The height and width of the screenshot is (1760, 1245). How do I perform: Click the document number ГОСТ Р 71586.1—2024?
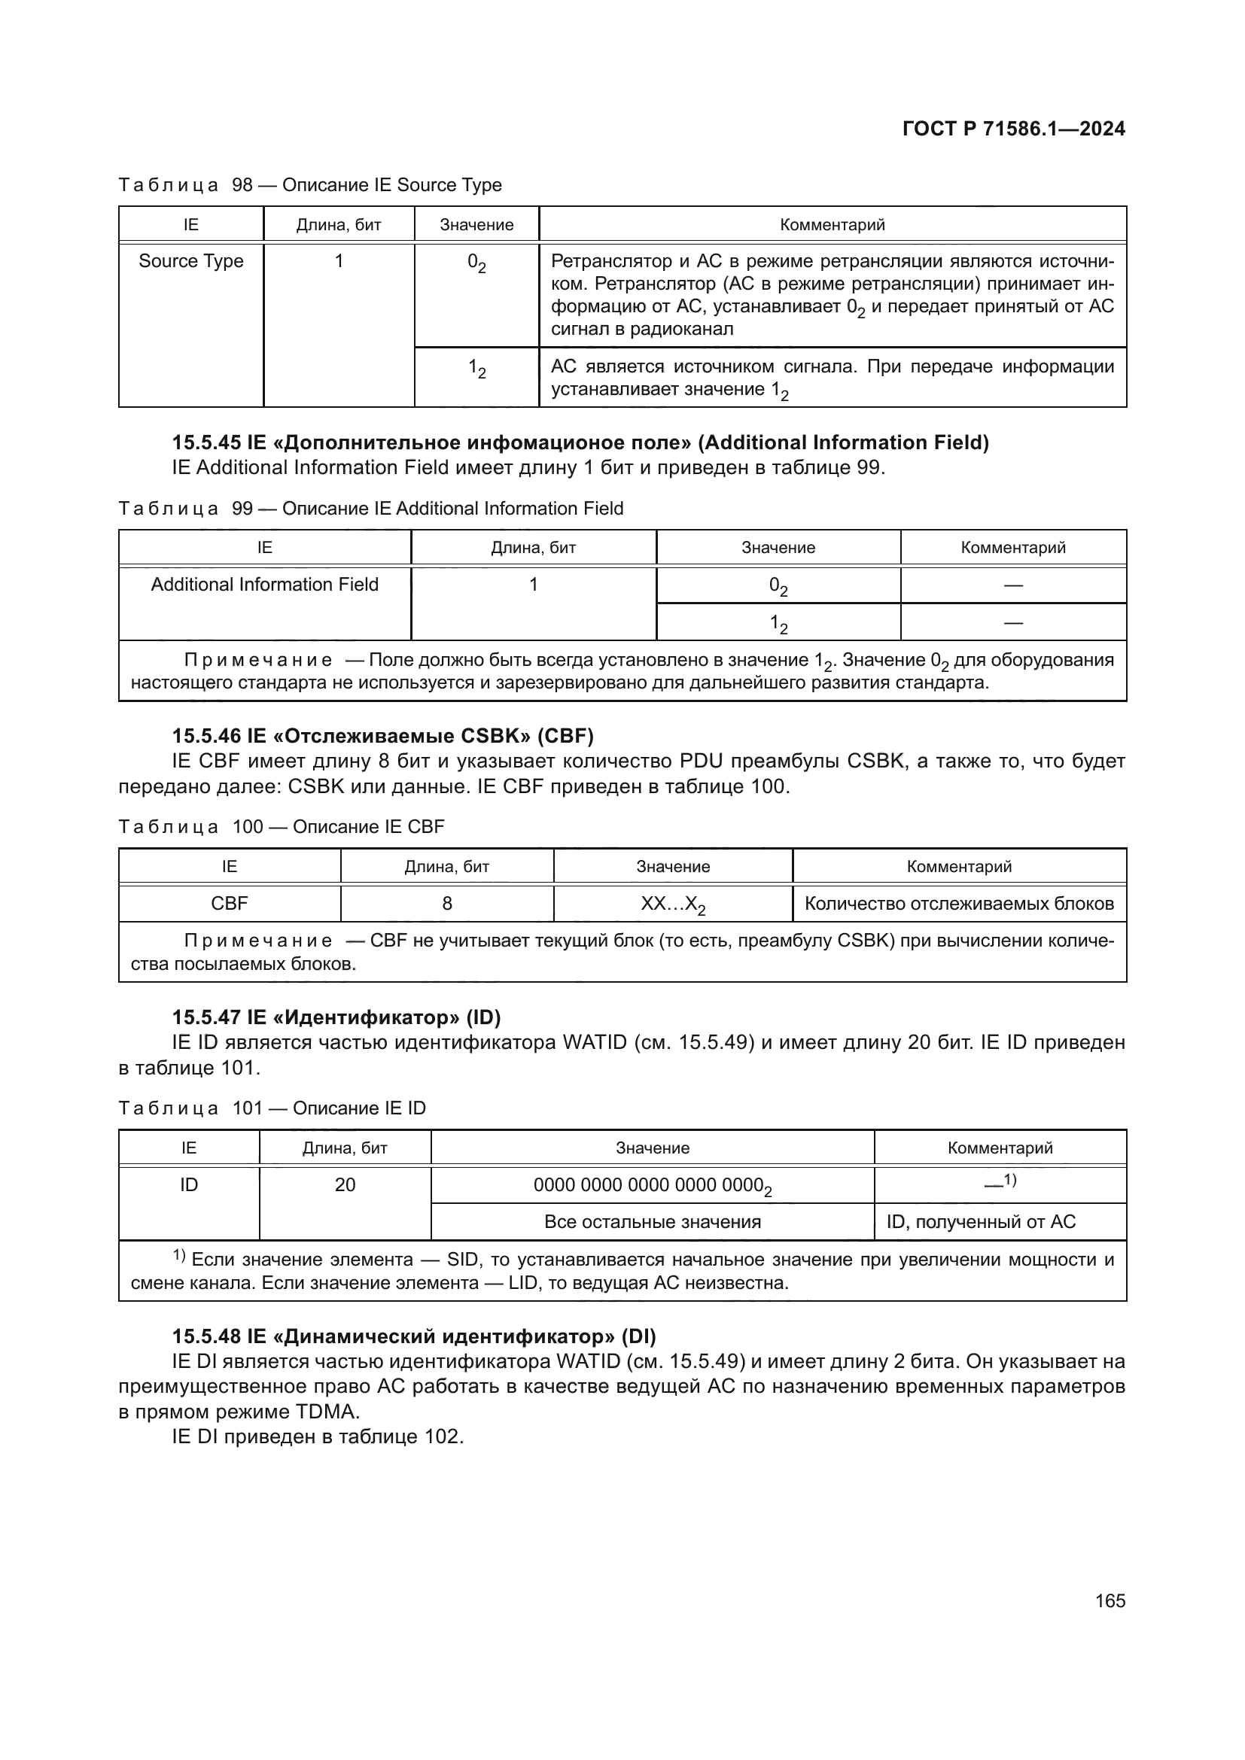1012,129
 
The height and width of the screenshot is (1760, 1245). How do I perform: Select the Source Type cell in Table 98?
191,261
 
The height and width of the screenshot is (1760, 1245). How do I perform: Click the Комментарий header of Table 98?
832,224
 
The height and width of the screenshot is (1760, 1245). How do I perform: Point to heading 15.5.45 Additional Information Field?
580,442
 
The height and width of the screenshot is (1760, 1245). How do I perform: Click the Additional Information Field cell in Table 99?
264,584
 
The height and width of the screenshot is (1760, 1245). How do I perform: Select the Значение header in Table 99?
778,547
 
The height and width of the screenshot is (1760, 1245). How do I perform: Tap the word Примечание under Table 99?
257,660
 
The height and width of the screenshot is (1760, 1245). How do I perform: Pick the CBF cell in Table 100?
230,903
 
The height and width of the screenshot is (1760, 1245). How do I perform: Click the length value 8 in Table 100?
446,903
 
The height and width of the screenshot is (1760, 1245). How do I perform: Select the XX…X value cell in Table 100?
672,904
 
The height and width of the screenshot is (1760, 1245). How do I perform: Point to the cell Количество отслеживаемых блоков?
958,904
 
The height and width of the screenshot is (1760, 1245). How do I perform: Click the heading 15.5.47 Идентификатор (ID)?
336,1017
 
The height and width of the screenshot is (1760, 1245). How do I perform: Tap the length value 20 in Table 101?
345,1184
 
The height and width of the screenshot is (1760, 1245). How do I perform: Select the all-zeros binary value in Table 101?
652,1186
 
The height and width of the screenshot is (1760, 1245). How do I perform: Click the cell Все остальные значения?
652,1222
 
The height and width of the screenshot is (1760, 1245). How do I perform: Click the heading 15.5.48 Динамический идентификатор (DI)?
413,1336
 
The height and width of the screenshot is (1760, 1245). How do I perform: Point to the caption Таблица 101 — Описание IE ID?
272,1108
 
